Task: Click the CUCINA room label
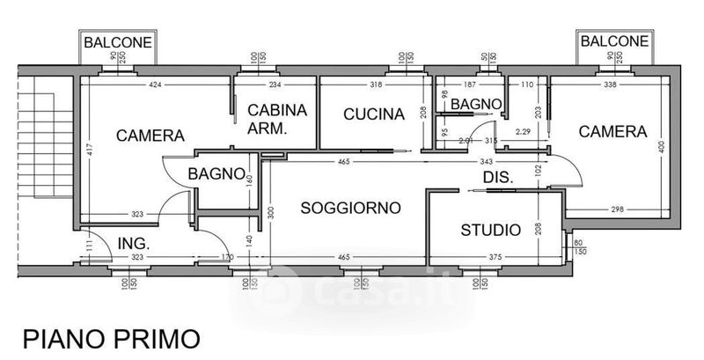(x=373, y=114)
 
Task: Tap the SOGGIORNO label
(x=350, y=208)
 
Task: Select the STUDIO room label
(x=490, y=231)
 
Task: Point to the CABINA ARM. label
(x=277, y=119)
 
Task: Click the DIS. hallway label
(x=497, y=177)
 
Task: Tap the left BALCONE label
(x=117, y=41)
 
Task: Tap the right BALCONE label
(x=613, y=40)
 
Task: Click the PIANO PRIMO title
(x=111, y=338)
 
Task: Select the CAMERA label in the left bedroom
(x=150, y=136)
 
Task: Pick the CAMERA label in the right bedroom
(x=612, y=131)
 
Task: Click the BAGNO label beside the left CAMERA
(x=216, y=173)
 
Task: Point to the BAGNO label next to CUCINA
(x=476, y=104)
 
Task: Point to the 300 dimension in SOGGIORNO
(x=272, y=211)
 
